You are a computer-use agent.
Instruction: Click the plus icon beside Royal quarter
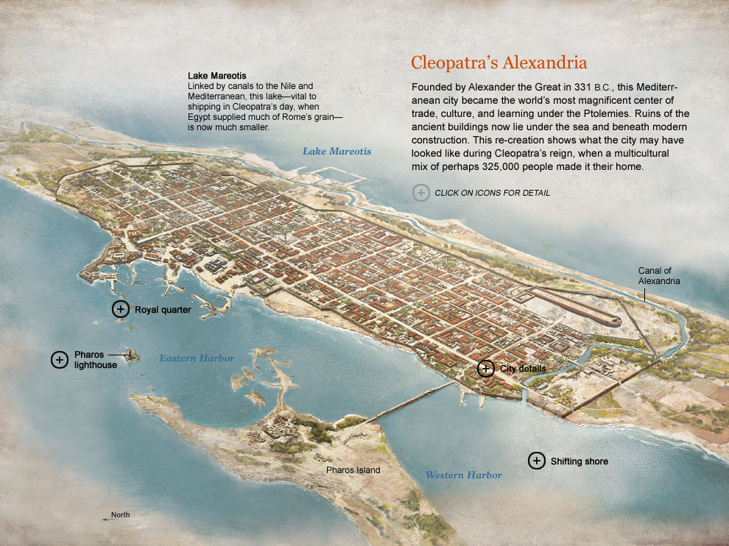coord(120,310)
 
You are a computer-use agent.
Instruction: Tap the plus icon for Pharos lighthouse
coord(59,360)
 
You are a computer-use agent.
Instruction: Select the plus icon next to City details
coord(485,369)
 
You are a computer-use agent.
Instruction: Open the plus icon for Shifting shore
coord(537,461)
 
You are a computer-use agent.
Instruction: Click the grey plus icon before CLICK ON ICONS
coord(420,193)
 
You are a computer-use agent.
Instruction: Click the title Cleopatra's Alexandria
coord(499,63)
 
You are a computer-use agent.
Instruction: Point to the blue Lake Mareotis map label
coord(337,152)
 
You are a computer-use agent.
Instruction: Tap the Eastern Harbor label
coord(197,358)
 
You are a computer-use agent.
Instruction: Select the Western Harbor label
coord(463,475)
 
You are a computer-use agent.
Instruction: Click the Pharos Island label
coord(353,469)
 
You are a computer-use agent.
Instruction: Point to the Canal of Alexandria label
coord(658,276)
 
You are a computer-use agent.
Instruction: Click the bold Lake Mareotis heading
coord(216,76)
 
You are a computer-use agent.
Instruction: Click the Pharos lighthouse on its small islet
coord(132,355)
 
